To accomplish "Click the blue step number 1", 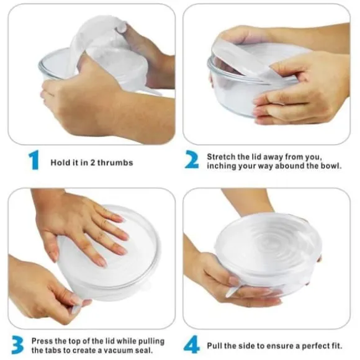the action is click(34, 160).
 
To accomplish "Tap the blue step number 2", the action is click(192, 160).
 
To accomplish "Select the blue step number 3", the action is click(17, 344).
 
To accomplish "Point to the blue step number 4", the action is click(191, 344).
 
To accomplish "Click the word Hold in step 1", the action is click(58, 163).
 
